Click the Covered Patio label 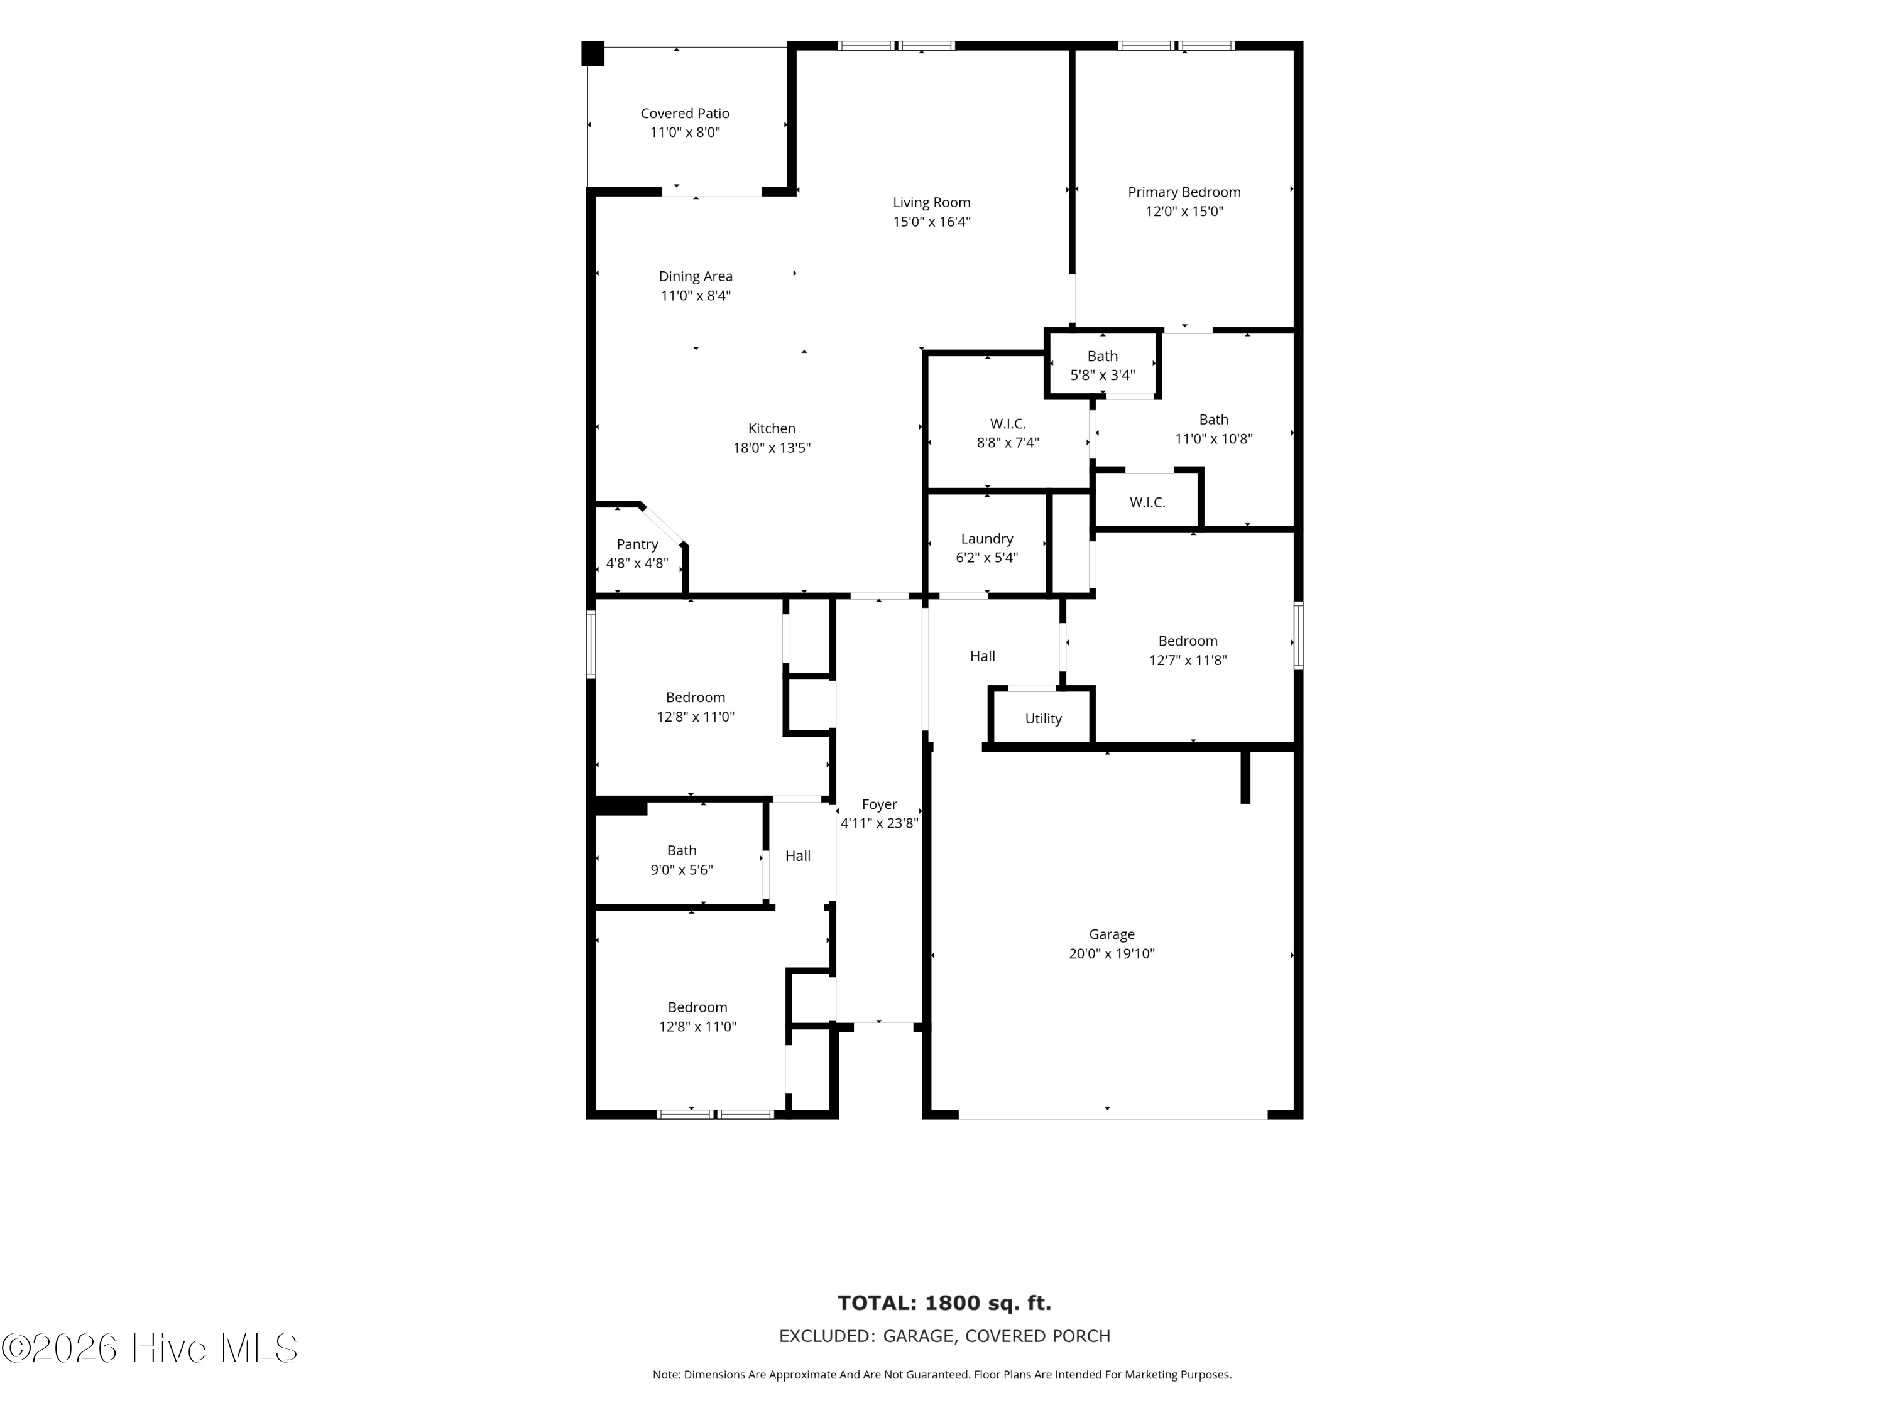tap(684, 113)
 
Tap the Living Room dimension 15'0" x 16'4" tap(931, 222)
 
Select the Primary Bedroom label tap(1184, 193)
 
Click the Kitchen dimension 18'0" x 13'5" tap(771, 448)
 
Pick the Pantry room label tap(637, 544)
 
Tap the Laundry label tap(987, 539)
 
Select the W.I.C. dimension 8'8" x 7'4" tap(1007, 443)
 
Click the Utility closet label tap(1043, 719)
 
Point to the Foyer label tap(880, 804)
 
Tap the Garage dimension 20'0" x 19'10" tap(1112, 954)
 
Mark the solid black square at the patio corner tap(593, 53)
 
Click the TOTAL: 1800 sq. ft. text tap(944, 1303)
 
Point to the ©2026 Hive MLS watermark tap(150, 1348)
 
